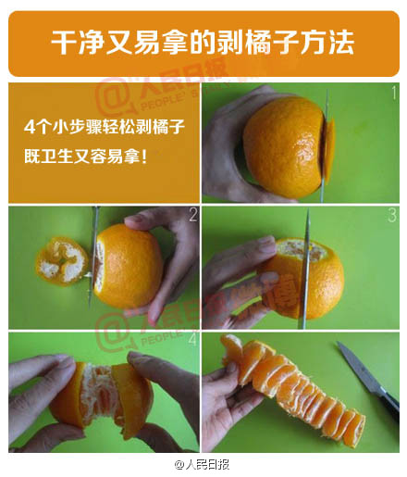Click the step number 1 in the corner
click(393, 93)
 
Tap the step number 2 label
click(192, 216)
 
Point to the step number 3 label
click(392, 216)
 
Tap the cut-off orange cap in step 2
click(61, 262)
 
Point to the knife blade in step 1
click(325, 139)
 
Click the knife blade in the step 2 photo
click(93, 255)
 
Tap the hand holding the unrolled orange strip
click(222, 398)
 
